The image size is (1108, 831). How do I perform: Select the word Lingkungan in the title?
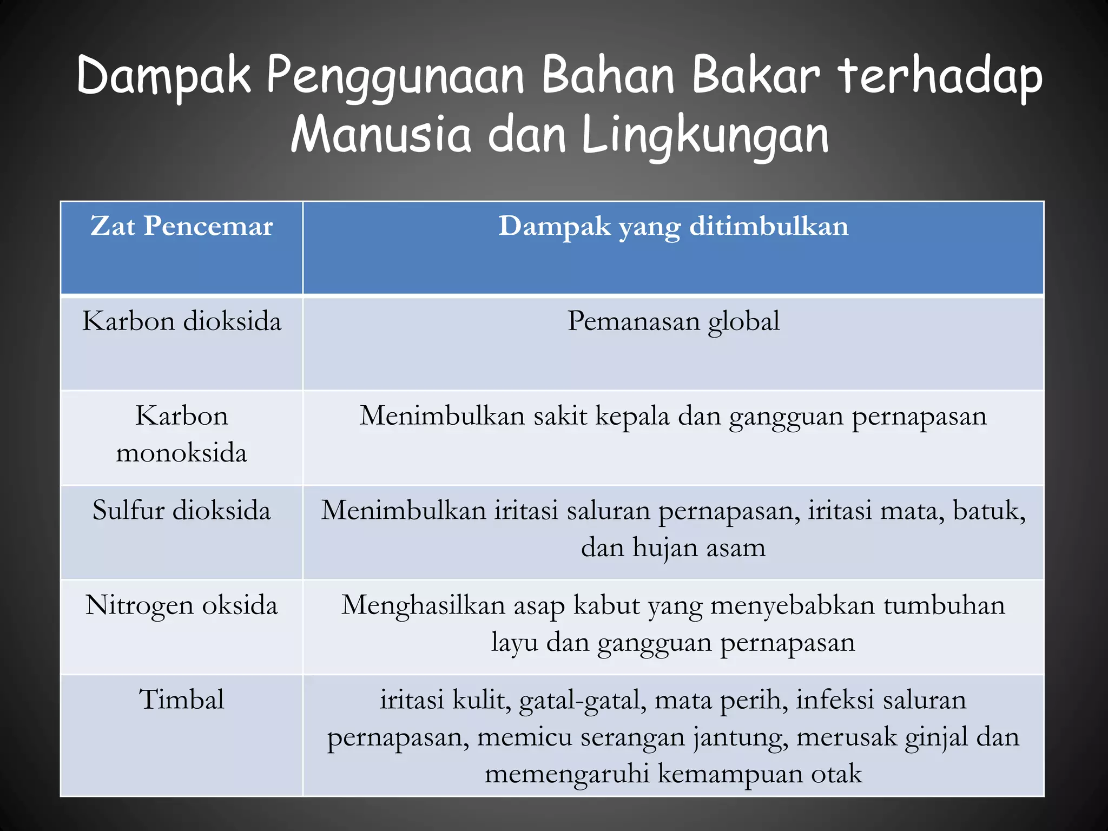(x=704, y=135)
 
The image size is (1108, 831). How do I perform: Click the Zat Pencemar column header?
(x=182, y=226)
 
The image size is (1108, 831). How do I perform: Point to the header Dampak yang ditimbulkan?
(x=673, y=226)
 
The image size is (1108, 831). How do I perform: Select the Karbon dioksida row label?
(x=182, y=321)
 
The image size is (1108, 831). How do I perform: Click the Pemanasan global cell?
(x=673, y=321)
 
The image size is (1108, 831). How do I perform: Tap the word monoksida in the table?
(x=182, y=452)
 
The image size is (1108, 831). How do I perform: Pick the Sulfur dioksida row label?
(x=182, y=511)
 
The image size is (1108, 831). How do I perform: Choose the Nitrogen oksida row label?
(x=182, y=605)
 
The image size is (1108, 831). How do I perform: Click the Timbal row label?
(x=182, y=700)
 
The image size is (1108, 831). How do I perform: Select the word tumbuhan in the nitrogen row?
(x=944, y=605)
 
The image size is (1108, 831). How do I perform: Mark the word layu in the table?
(x=514, y=643)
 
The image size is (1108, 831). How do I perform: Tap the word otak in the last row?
(x=836, y=774)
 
